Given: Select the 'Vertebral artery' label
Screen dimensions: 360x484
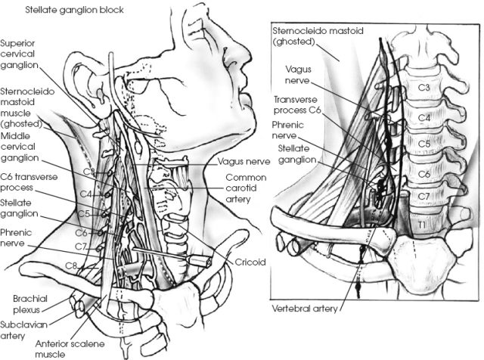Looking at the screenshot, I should tap(305, 309).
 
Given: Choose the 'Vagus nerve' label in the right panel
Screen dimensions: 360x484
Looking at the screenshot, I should tap(298, 73).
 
